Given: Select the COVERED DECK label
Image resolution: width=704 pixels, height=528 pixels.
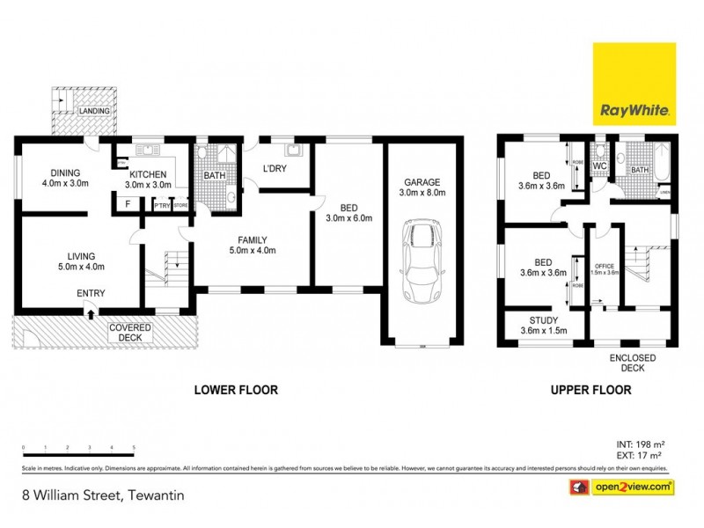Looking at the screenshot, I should point(130,333).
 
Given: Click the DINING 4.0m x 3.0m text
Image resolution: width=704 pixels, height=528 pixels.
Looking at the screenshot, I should point(65,179).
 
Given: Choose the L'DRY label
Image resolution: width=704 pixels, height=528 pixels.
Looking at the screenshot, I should point(276,168).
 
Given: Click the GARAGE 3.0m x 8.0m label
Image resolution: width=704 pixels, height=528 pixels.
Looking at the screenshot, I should point(421,187).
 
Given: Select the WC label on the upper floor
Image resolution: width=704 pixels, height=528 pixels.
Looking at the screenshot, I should point(600,165).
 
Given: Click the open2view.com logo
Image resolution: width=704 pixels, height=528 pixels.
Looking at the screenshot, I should point(626,487).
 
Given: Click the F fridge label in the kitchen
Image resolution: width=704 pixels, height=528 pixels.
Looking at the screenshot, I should point(128,204).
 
